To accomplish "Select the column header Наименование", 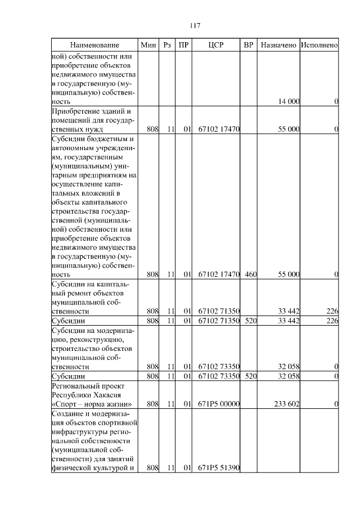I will [x=94, y=44].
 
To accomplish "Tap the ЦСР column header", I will [x=217, y=44].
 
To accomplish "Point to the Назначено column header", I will [x=278, y=44].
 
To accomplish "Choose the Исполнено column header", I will [x=319, y=44].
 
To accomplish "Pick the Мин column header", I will [x=148, y=44].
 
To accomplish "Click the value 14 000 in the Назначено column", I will [x=289, y=101].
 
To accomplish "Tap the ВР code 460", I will [x=251, y=274].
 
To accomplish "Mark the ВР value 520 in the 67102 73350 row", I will [x=251, y=376].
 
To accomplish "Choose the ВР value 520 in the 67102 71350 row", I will [x=251, y=321].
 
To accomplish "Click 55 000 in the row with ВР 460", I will [x=289, y=274].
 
